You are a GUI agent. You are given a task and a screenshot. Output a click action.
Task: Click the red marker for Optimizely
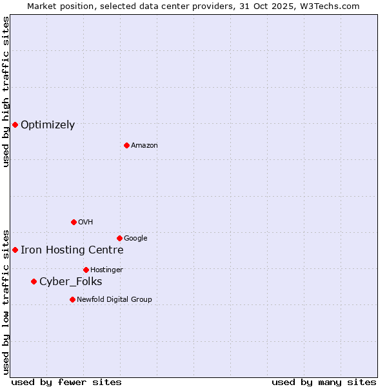15,124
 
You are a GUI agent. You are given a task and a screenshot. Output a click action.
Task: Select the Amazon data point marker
126,145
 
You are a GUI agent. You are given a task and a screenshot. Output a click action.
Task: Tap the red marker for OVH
74,222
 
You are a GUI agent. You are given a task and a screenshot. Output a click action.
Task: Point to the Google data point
119,238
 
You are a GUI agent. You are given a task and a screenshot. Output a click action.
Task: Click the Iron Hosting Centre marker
15,250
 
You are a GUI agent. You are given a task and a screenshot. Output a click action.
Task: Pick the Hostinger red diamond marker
86,270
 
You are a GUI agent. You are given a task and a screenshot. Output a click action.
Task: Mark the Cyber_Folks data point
34,281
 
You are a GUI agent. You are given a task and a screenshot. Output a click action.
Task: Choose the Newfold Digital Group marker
72,299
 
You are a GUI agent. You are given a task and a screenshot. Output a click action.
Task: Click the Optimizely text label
48,125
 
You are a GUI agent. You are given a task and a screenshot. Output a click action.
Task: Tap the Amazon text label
144,146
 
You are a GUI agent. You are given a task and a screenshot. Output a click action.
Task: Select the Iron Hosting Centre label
72,250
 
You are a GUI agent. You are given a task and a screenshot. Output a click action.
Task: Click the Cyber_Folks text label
70,282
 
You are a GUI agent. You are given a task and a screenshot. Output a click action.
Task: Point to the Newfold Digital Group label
114,299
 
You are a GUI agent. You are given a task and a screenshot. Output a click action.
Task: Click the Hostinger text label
106,270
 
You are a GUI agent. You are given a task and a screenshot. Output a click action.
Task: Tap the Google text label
135,239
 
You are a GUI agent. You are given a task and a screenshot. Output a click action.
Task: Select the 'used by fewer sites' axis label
66,382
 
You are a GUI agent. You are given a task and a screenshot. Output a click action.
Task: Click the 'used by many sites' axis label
324,382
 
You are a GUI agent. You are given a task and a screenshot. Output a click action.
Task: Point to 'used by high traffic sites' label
6,92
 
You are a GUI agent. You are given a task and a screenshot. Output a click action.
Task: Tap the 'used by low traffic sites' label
6,301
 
